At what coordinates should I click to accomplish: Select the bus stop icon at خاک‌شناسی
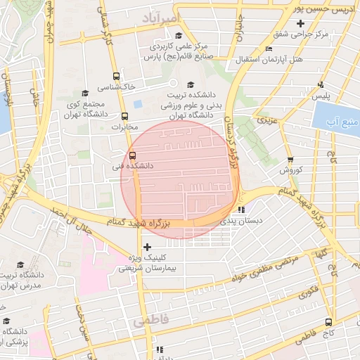pos(115,75)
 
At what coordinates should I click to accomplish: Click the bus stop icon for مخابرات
pos(125,117)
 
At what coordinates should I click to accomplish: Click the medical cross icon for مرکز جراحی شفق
pos(300,24)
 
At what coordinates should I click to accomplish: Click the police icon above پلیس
pos(321,84)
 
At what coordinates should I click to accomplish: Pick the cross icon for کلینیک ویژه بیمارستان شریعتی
pos(146,247)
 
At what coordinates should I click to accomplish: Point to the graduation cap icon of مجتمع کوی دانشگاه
pos(85,93)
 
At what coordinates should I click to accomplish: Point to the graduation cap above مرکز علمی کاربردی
pos(179,35)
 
